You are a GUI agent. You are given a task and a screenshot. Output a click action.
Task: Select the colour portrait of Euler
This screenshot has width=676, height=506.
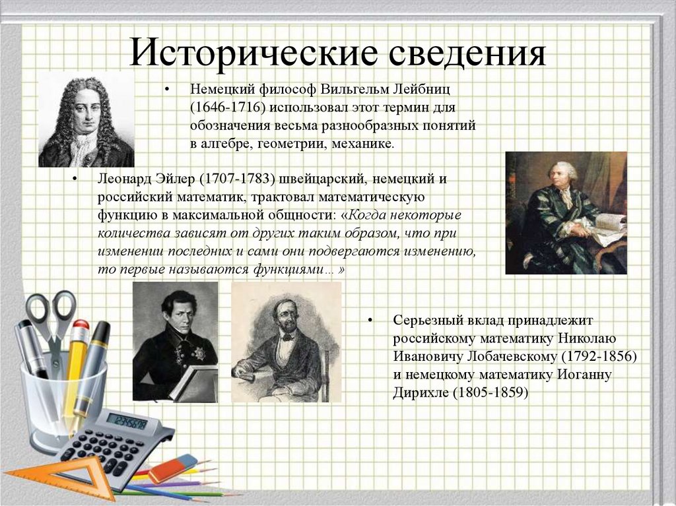pos(566,212)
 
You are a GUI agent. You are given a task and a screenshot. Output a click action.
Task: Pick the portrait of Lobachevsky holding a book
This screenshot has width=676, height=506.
pos(175,342)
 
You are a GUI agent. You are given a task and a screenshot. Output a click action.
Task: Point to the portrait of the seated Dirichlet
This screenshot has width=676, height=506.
pos(286,342)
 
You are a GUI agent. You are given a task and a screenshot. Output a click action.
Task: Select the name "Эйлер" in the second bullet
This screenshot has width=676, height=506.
pos(172,179)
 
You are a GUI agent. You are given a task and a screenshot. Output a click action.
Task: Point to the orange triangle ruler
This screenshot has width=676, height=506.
pos(40,479)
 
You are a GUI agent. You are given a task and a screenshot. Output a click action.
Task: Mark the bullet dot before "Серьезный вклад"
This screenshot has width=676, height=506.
pos(371,321)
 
